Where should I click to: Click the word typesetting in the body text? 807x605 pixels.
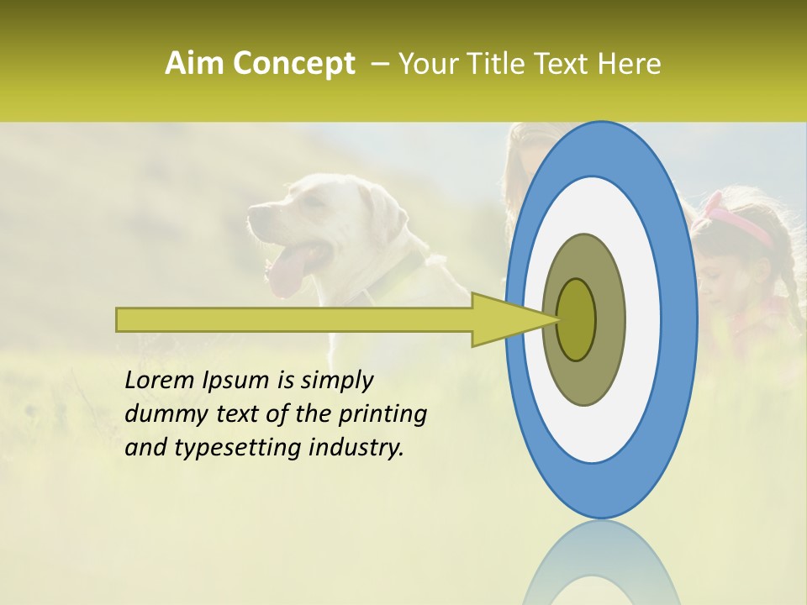(229, 448)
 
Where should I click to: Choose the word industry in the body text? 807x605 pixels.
(356, 447)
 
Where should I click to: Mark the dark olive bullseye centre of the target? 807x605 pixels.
(576, 319)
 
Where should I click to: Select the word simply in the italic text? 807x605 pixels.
(336, 381)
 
